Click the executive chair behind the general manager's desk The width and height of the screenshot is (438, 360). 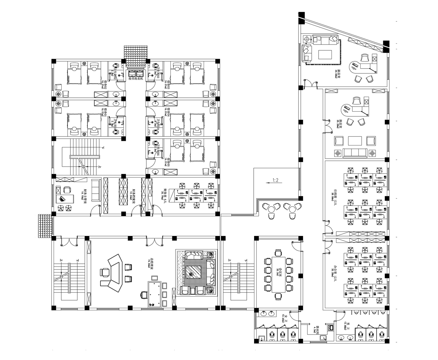pyautogui.click(x=105, y=272)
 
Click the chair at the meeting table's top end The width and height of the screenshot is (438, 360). pyautogui.click(x=279, y=252)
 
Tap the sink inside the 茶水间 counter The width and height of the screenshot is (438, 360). pyautogui.click(x=331, y=328)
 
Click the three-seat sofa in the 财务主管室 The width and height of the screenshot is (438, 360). pyautogui.click(x=96, y=190)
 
